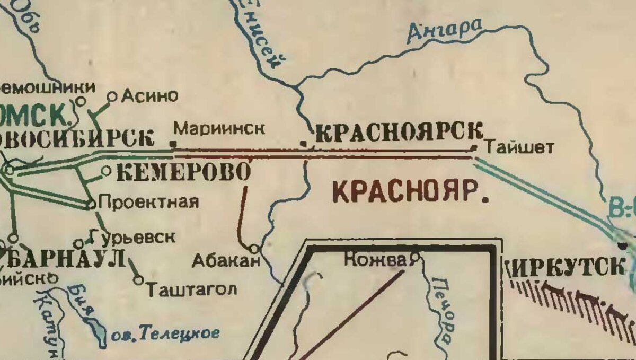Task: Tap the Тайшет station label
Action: coord(519,146)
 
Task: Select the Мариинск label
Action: coord(219,129)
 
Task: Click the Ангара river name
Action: coord(446,30)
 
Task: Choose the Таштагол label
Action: coord(191,290)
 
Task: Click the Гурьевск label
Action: coord(132,236)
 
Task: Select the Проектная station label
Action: coord(149,202)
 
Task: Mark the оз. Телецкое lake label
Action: coord(165,334)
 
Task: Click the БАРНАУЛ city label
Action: coord(64,260)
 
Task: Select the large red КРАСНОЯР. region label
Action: coord(410,191)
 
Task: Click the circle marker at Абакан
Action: coord(254,248)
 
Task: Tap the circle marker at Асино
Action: coord(112,96)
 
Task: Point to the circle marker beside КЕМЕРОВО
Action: coord(105,171)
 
